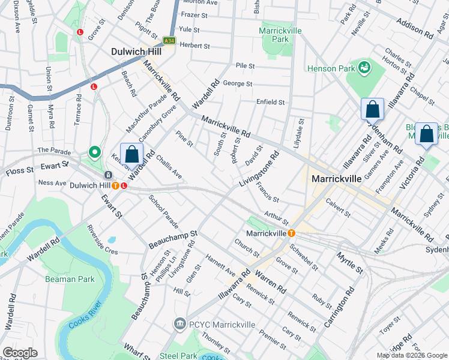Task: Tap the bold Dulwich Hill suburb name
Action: pos(137,52)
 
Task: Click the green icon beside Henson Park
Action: pos(364,68)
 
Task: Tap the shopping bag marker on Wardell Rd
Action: pos(132,154)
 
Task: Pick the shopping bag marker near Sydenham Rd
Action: pos(372,110)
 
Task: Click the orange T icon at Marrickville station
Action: pos(291,233)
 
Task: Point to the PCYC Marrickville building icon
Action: pos(179,325)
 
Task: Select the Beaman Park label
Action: pos(69,279)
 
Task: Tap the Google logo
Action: pos(20,353)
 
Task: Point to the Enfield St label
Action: pos(270,102)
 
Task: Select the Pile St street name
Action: pos(246,65)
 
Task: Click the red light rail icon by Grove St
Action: pos(79,32)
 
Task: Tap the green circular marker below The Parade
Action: pos(94,152)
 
